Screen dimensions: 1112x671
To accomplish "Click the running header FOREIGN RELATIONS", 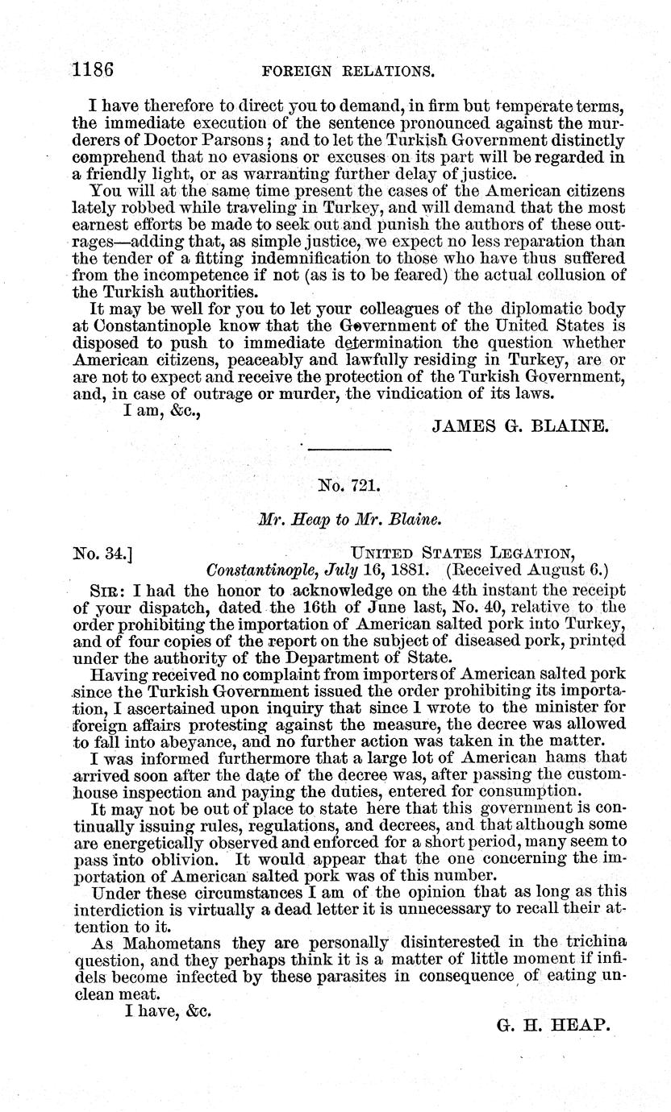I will (348, 71).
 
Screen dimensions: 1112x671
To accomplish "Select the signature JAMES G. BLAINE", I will (519, 426).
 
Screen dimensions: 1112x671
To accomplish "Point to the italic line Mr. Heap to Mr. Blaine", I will (348, 521).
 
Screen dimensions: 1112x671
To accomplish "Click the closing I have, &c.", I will (167, 1010).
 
